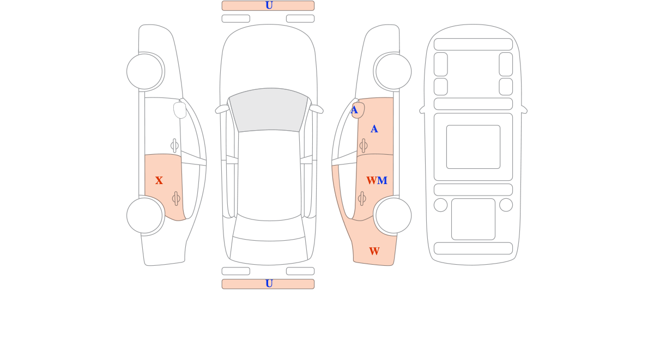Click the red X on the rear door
click(x=159, y=180)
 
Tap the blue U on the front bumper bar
click(x=269, y=5)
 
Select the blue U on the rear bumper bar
click(x=269, y=284)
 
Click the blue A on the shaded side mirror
click(x=354, y=110)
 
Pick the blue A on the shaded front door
click(x=374, y=129)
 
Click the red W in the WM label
click(x=372, y=181)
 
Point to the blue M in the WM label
click(x=382, y=181)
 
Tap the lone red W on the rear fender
click(x=374, y=251)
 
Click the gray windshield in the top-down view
click(x=269, y=109)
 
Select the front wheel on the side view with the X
click(x=144, y=71)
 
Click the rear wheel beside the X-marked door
click(x=144, y=216)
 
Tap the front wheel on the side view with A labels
click(x=393, y=71)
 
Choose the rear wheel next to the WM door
click(x=393, y=216)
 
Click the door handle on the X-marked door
click(x=176, y=199)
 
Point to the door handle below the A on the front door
click(x=364, y=145)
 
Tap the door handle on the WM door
click(x=362, y=199)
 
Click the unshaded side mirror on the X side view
click(x=180, y=110)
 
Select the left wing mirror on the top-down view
click(x=222, y=109)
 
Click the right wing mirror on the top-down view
click(x=316, y=109)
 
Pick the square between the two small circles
click(x=473, y=219)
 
